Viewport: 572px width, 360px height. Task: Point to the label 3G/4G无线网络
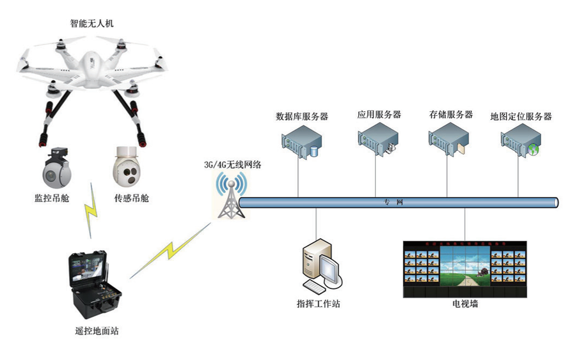click(x=232, y=164)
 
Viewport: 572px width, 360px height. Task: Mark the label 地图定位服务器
click(x=520, y=116)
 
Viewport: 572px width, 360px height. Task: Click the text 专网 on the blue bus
click(x=393, y=203)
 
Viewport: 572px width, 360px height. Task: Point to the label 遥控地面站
click(x=95, y=331)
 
